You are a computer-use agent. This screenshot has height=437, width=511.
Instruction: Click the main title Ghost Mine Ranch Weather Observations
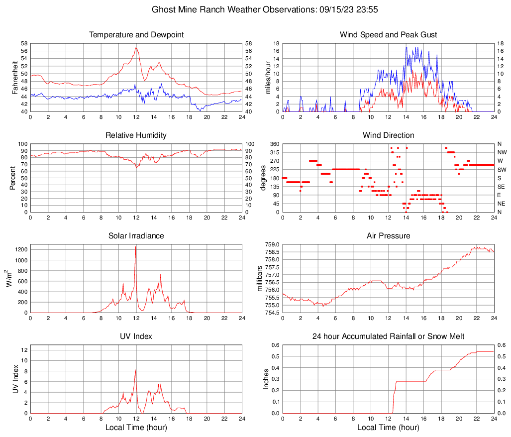(255, 9)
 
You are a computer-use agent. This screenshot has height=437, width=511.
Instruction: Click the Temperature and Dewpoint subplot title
(136, 35)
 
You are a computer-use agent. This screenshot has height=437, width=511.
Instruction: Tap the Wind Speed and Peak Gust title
(388, 35)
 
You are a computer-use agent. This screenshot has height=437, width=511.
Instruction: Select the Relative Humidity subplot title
(136, 135)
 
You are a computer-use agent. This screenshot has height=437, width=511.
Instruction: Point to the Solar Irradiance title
(136, 236)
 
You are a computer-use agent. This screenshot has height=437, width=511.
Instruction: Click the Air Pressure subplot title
(388, 236)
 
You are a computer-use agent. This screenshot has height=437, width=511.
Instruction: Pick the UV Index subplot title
(136, 336)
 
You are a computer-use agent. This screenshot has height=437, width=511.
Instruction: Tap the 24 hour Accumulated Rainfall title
(388, 336)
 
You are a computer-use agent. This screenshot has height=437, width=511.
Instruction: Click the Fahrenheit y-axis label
(14, 78)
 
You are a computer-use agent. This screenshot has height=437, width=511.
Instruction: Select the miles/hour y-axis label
(267, 78)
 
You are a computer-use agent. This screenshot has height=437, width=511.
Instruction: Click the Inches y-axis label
(266, 379)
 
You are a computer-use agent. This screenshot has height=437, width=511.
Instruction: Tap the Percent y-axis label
(13, 178)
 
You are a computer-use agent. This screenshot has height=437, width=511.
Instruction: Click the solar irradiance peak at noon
(135, 246)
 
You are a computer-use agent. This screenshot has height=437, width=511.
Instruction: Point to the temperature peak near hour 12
(136, 48)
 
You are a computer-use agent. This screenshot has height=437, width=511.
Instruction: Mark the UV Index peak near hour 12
(135, 370)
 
